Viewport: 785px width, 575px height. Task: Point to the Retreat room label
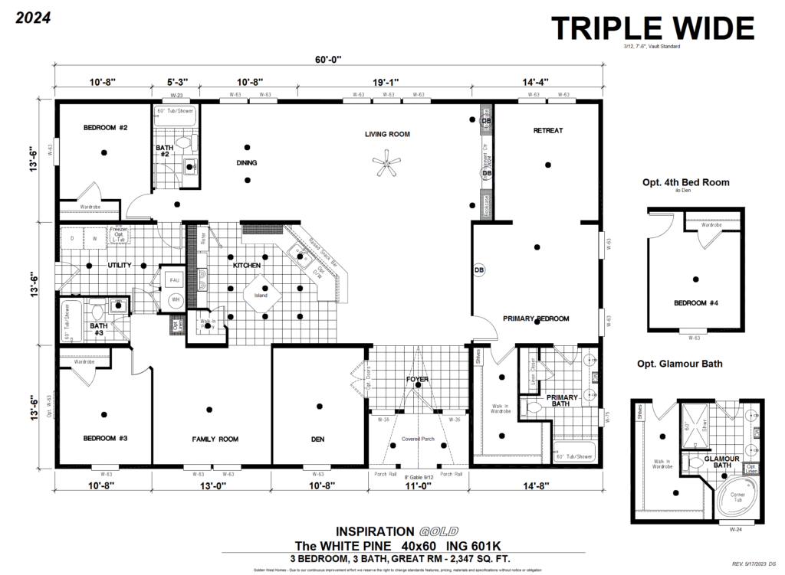548,131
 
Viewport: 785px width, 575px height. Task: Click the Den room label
319,439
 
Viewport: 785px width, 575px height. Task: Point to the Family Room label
215,439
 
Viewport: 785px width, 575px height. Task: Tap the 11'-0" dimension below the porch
419,485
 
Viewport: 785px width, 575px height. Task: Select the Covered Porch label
419,439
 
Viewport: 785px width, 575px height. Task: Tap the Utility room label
120,265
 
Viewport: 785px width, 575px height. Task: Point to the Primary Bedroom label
537,318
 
